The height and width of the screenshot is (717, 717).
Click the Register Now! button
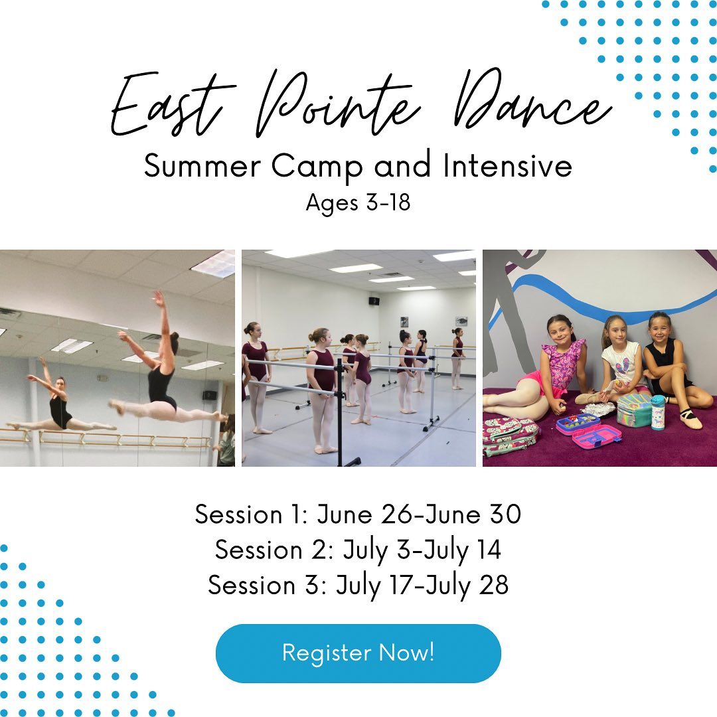358,653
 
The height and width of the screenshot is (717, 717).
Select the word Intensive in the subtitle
507,165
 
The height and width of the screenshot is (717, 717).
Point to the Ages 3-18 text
358,202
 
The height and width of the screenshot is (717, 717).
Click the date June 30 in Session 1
474,514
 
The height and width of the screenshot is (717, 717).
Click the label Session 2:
274,550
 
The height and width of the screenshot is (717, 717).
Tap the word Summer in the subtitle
202,165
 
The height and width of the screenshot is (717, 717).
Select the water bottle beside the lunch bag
657,413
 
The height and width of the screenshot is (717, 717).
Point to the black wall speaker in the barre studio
374,301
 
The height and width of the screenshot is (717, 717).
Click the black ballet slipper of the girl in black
690,418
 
